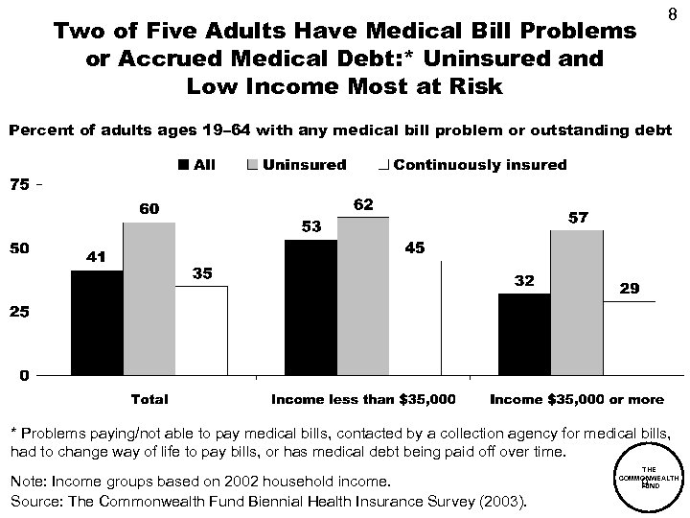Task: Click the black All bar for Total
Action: click(x=97, y=322)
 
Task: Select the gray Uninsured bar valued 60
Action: click(x=149, y=298)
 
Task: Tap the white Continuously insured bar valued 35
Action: click(x=202, y=330)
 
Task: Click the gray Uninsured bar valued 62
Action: click(x=363, y=295)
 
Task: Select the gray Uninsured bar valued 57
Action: click(x=577, y=302)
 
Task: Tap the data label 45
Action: click(x=415, y=247)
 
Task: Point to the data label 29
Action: click(x=629, y=288)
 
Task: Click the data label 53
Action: click(x=310, y=226)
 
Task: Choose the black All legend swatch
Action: click(x=184, y=165)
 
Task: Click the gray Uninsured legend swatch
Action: click(x=253, y=165)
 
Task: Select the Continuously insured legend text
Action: click(x=479, y=165)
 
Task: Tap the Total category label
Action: click(x=149, y=398)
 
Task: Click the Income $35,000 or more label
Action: click(x=576, y=398)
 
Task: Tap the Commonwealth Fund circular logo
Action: click(x=649, y=479)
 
